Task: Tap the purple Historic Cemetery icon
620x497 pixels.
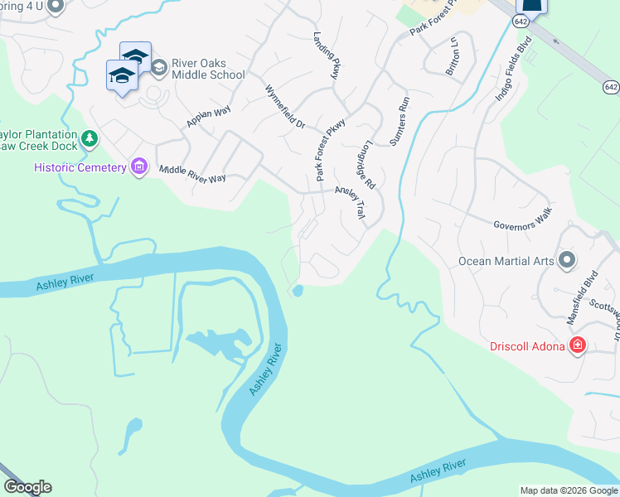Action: tap(138, 167)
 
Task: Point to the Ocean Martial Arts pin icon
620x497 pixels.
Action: tap(567, 261)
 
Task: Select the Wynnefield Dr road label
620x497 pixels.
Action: tap(285, 106)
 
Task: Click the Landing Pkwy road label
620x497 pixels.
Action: tap(327, 55)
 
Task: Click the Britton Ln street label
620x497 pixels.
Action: tap(453, 56)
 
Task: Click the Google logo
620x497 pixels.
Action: tap(27, 487)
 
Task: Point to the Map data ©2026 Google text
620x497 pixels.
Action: tap(568, 490)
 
